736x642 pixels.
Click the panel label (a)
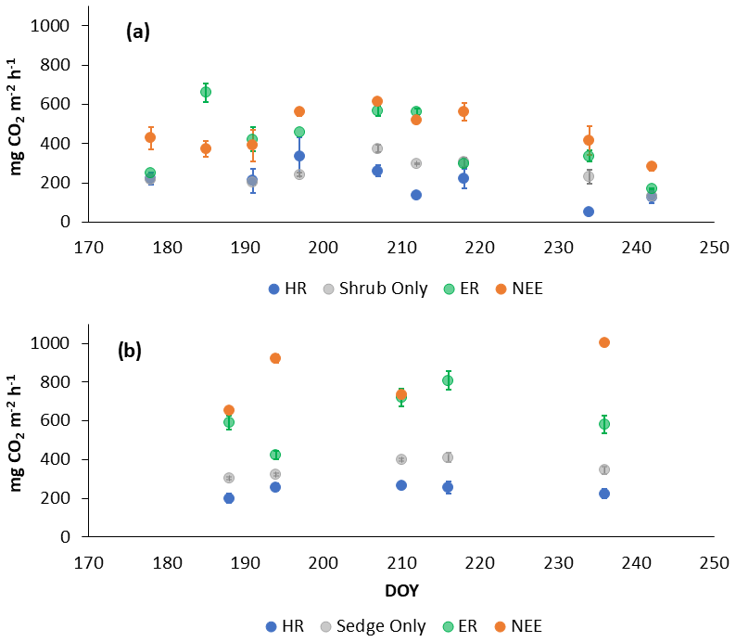(138, 32)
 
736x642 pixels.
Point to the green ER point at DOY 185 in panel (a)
(206, 92)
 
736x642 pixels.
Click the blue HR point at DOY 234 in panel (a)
(589, 212)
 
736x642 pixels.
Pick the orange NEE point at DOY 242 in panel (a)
(652, 166)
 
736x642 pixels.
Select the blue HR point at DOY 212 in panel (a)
(416, 195)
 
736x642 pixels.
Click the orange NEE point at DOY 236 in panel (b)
(604, 342)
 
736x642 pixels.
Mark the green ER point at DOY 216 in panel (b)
(448, 380)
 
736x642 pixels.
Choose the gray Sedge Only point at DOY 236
(604, 469)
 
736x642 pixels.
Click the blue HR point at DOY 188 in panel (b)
(229, 498)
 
